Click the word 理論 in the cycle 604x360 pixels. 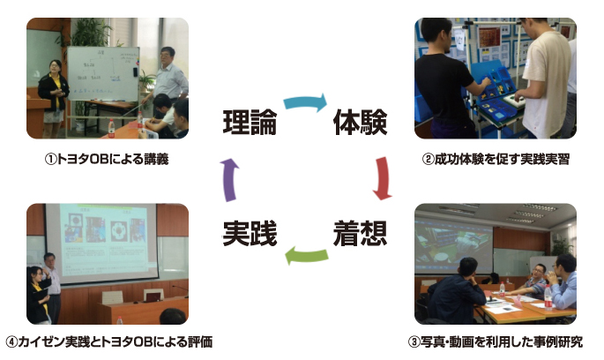point(250,122)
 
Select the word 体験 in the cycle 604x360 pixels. point(360,122)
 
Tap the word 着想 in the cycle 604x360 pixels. point(360,233)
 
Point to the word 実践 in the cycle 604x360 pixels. point(250,233)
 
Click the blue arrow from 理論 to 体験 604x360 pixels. point(305,101)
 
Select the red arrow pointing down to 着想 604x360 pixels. point(384,178)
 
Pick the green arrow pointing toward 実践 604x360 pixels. point(306,256)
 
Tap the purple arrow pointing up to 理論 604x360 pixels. point(229,180)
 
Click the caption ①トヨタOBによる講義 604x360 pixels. point(107,159)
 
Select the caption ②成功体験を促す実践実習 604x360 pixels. point(496,159)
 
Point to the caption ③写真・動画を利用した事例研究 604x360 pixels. point(495,341)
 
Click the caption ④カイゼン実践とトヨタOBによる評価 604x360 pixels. point(109,341)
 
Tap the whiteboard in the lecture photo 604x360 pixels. point(103,73)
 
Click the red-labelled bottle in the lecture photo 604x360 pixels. point(111,128)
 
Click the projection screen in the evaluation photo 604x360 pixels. point(101,242)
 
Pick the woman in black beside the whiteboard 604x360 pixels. point(53,98)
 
